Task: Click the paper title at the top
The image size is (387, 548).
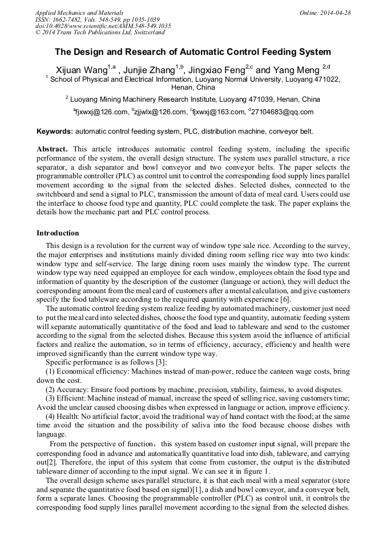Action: pos(193,52)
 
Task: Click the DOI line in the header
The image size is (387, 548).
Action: pos(103,26)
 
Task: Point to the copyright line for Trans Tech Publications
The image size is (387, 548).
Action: pos(99,33)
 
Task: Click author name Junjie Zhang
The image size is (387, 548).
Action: pos(149,70)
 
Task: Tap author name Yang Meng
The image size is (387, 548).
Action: pos(293,70)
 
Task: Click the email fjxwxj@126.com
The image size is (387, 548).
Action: pos(102,112)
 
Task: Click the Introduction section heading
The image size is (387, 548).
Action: pos(58,233)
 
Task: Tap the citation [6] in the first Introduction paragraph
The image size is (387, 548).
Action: pos(285,300)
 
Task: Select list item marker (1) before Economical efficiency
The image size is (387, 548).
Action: pos(50,371)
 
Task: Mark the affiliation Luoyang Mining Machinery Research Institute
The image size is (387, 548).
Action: pos(150,99)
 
